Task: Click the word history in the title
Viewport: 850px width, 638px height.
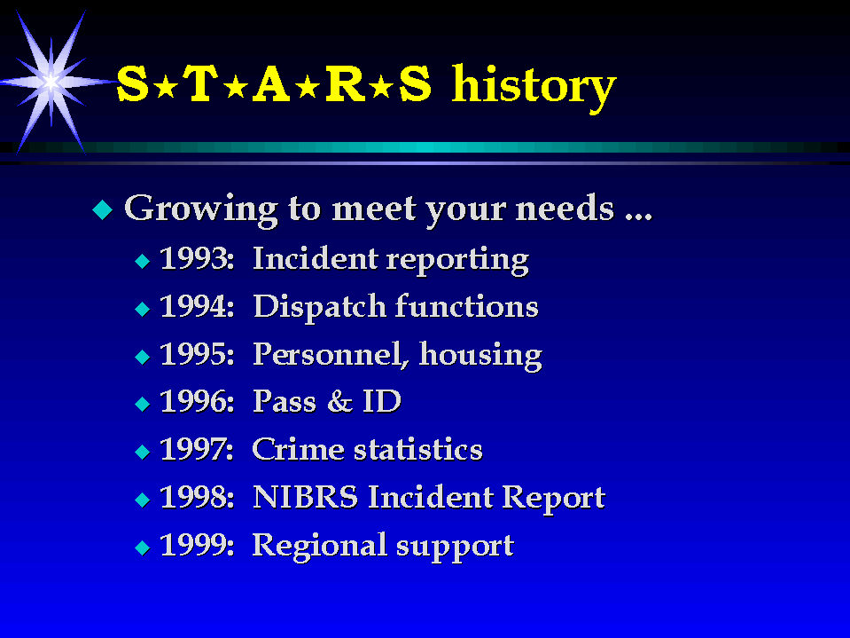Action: pos(534,88)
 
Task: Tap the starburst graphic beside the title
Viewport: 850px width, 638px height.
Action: pos(51,82)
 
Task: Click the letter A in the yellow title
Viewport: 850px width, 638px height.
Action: pos(271,83)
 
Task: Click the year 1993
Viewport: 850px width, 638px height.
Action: pos(196,258)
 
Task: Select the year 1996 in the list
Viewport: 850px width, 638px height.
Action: pos(196,401)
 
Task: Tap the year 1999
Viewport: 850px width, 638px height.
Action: pos(196,545)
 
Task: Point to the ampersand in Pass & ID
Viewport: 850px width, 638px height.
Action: pos(339,401)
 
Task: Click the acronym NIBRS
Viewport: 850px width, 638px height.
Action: pos(305,497)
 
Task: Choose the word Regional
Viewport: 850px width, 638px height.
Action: pos(319,546)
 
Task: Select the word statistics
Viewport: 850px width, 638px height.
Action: pos(418,449)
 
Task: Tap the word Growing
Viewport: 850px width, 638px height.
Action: pos(201,209)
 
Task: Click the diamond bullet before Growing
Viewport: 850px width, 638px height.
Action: pos(103,209)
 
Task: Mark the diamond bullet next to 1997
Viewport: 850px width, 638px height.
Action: pos(143,452)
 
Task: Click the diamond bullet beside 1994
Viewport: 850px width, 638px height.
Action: pos(143,309)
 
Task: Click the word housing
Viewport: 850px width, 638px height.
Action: pos(480,356)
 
